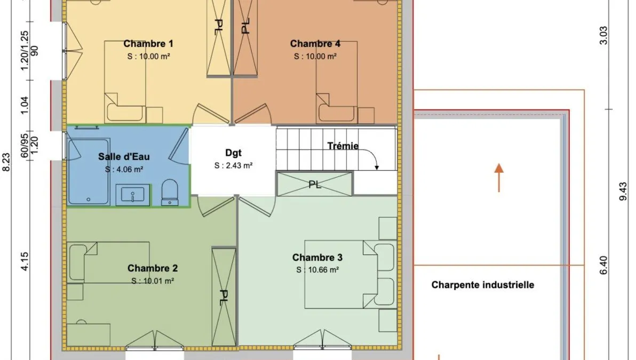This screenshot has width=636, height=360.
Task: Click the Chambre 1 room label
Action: point(148,43)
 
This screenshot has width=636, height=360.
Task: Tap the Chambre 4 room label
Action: point(315,43)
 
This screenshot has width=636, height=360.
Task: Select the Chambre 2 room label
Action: point(153,268)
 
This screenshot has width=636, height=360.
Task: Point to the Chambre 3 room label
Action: point(317,258)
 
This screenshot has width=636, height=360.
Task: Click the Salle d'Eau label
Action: point(124,156)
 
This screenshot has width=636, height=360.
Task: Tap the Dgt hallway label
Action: point(233,153)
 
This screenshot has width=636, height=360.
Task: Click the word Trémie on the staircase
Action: point(343,146)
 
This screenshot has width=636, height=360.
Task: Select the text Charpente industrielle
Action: point(483,285)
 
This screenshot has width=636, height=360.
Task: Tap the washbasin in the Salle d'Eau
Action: point(133,195)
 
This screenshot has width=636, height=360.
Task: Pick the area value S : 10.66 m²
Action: point(317,270)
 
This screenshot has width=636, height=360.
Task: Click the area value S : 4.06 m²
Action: point(124,170)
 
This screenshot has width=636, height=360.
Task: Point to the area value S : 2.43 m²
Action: point(233,165)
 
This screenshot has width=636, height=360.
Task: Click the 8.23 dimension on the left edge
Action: point(6,162)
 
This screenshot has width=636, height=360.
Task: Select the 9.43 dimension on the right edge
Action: point(623,191)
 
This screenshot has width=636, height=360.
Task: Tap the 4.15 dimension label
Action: point(24,261)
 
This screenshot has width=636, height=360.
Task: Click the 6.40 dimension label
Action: point(603,265)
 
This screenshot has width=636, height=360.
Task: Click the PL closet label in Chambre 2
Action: point(224,298)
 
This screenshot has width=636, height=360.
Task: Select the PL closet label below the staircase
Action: point(315,185)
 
